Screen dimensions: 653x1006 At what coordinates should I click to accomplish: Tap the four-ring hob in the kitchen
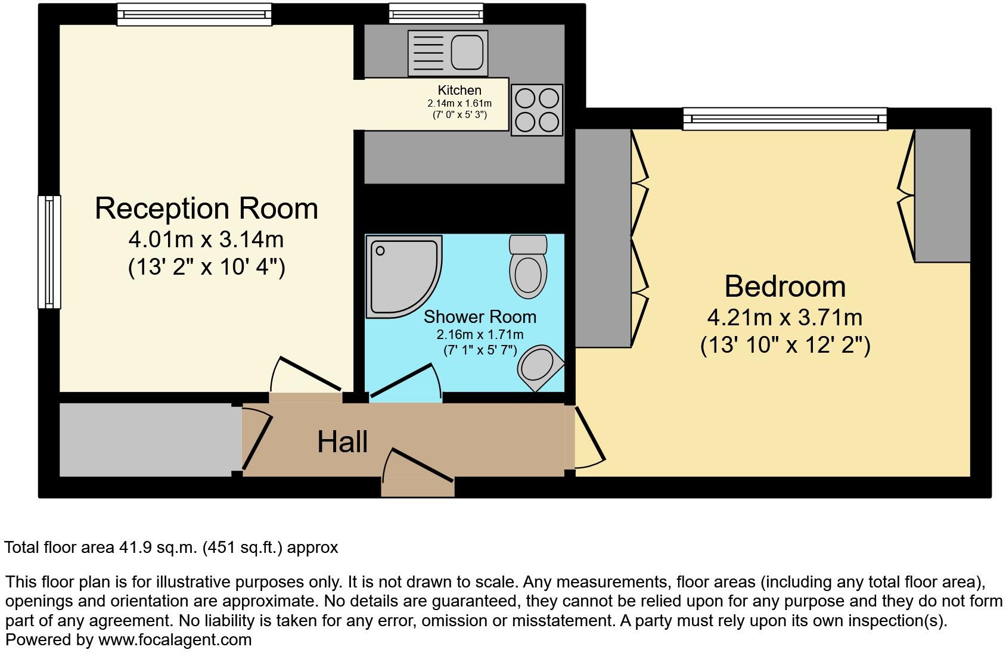536,110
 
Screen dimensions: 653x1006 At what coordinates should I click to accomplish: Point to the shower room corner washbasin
539,365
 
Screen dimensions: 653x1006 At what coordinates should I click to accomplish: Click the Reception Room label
206,209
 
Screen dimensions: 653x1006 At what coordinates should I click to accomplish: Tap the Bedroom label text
785,287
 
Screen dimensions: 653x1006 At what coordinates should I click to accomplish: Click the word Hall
342,442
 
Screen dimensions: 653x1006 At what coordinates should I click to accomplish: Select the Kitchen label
459,91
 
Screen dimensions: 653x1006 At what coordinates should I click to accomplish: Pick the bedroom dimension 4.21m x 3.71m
785,318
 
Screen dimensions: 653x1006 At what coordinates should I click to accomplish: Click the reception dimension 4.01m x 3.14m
206,240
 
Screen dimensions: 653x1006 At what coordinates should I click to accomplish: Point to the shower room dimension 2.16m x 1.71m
480,335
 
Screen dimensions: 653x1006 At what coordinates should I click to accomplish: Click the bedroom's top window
784,119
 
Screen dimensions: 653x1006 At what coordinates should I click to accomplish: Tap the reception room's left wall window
49,252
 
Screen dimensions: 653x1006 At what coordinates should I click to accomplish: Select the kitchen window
436,13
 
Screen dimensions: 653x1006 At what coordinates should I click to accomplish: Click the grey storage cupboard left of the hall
145,440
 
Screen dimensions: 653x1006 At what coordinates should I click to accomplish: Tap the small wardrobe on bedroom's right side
942,195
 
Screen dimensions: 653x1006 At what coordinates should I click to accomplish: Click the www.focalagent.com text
175,640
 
